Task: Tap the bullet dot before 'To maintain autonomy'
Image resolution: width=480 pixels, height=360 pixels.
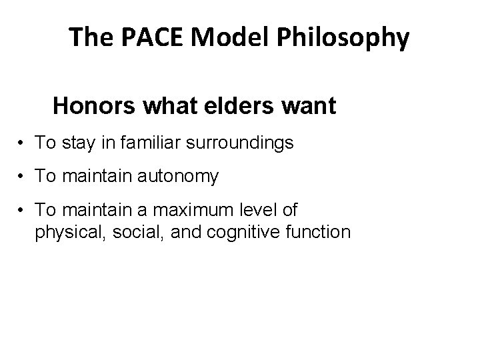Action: coord(22,176)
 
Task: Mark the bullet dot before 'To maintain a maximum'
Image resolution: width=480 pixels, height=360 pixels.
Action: coord(22,211)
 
